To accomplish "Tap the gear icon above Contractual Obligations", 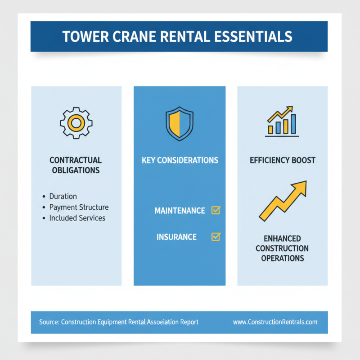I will click(x=76, y=122).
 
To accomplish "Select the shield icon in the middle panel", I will click(x=179, y=123).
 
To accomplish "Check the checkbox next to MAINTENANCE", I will click(x=216, y=210).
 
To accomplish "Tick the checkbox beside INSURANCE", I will click(x=216, y=236).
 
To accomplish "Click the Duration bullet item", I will click(x=63, y=196).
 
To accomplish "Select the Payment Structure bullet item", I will click(x=79, y=207).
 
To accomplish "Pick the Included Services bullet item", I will click(x=77, y=218).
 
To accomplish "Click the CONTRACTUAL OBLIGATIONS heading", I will click(x=76, y=165).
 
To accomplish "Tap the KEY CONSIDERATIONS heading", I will click(x=180, y=160).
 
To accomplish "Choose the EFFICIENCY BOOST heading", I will click(x=282, y=160).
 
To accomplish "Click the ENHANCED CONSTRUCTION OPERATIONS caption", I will click(x=282, y=248).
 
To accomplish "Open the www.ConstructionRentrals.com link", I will click(x=275, y=322).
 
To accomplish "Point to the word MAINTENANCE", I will click(x=180, y=211).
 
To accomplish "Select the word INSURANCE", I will click(x=176, y=237).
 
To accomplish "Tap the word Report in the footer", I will click(x=188, y=322).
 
